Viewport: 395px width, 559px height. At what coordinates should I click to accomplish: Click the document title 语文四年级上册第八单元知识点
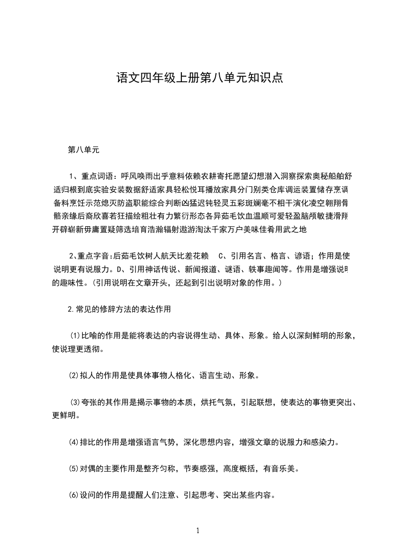click(x=199, y=78)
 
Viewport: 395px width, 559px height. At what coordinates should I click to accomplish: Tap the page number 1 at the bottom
click(x=198, y=530)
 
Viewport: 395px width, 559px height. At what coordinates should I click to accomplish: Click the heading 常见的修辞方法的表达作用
click(x=123, y=309)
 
